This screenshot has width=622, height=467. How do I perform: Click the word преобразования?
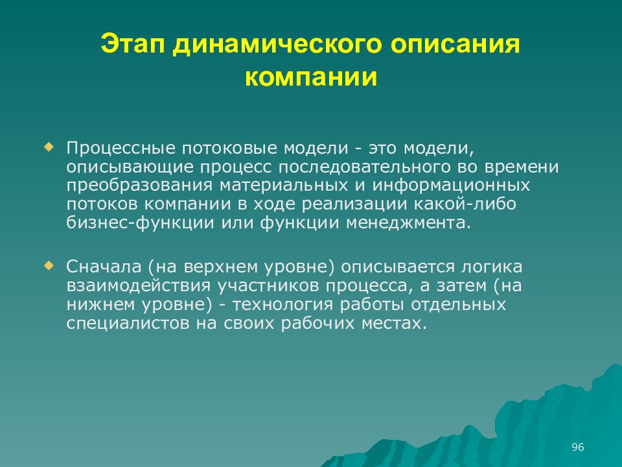(140, 186)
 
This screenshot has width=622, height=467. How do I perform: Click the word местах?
(398, 324)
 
